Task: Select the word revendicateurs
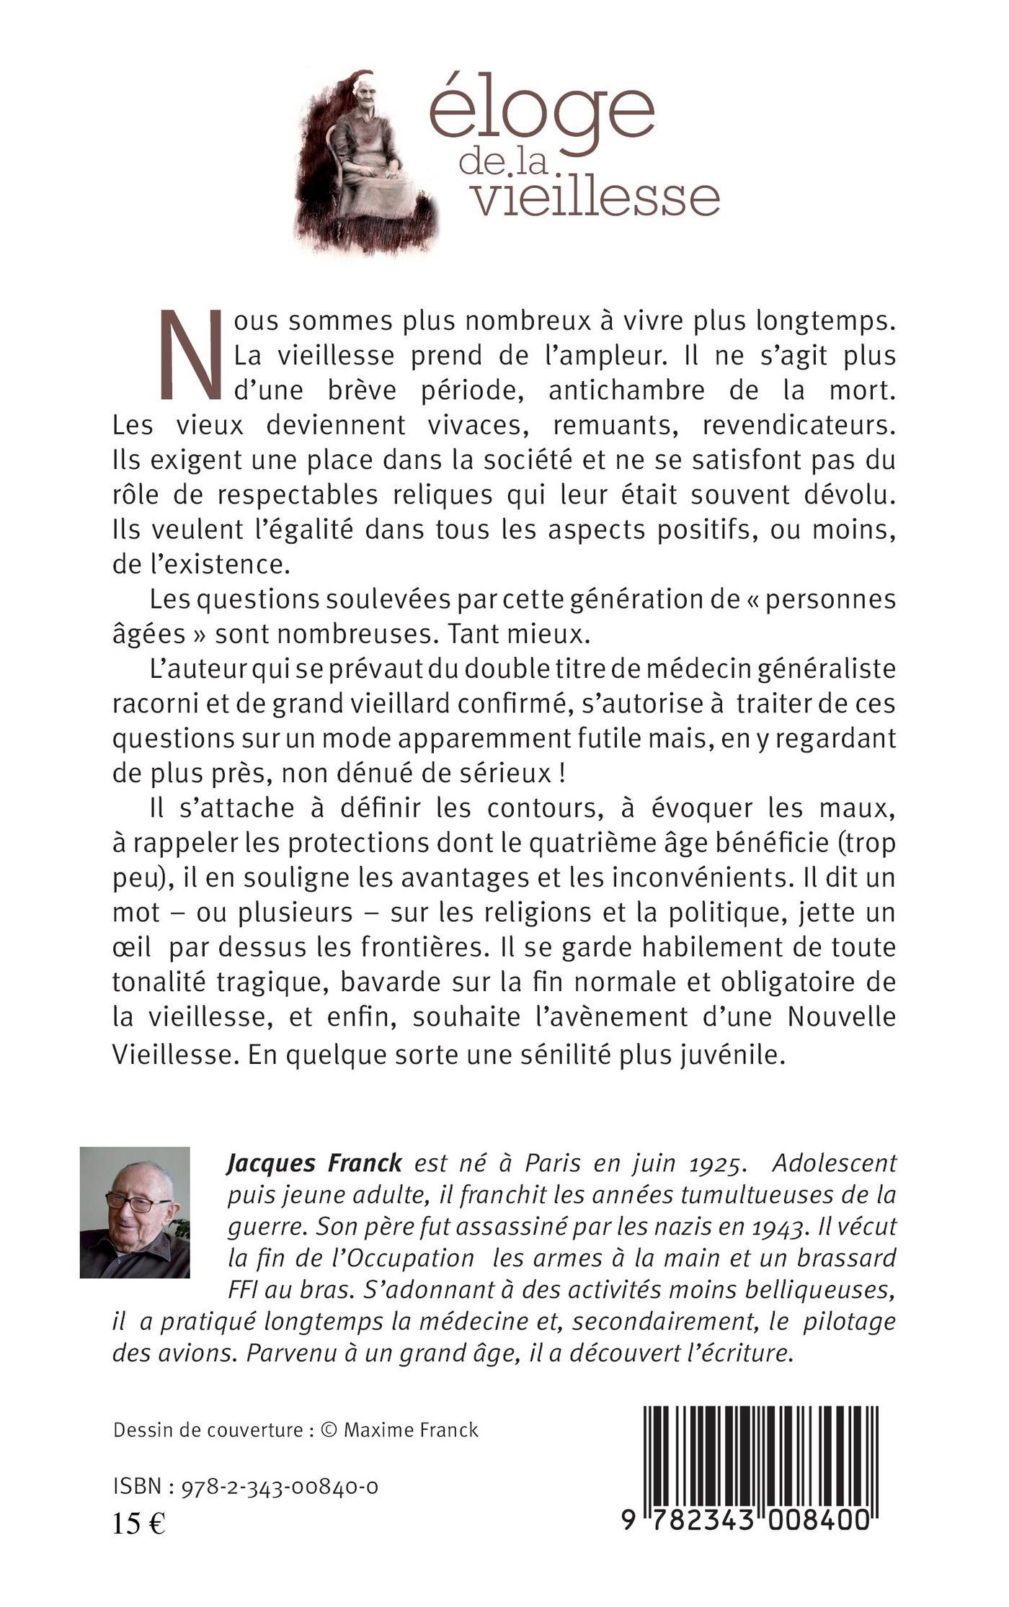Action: coord(799,425)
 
